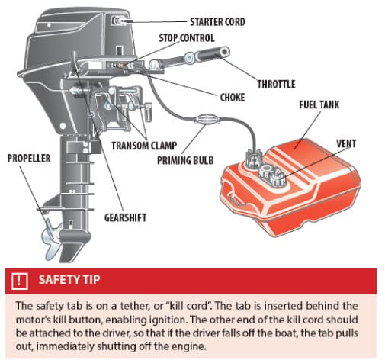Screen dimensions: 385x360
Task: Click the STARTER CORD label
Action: (217, 22)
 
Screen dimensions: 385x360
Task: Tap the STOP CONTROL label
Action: (187, 38)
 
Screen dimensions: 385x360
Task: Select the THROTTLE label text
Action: (276, 84)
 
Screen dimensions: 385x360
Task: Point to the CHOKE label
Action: (233, 98)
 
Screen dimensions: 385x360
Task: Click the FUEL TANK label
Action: (319, 104)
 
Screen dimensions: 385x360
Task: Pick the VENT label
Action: (346, 143)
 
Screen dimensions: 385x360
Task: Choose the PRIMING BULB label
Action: (185, 160)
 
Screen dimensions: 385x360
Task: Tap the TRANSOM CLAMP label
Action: (144, 146)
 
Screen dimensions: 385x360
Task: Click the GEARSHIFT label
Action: (125, 218)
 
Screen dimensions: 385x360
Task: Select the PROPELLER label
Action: (29, 158)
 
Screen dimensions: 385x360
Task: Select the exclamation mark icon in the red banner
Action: (19, 281)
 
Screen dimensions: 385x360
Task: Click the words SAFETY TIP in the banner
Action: (69, 280)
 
